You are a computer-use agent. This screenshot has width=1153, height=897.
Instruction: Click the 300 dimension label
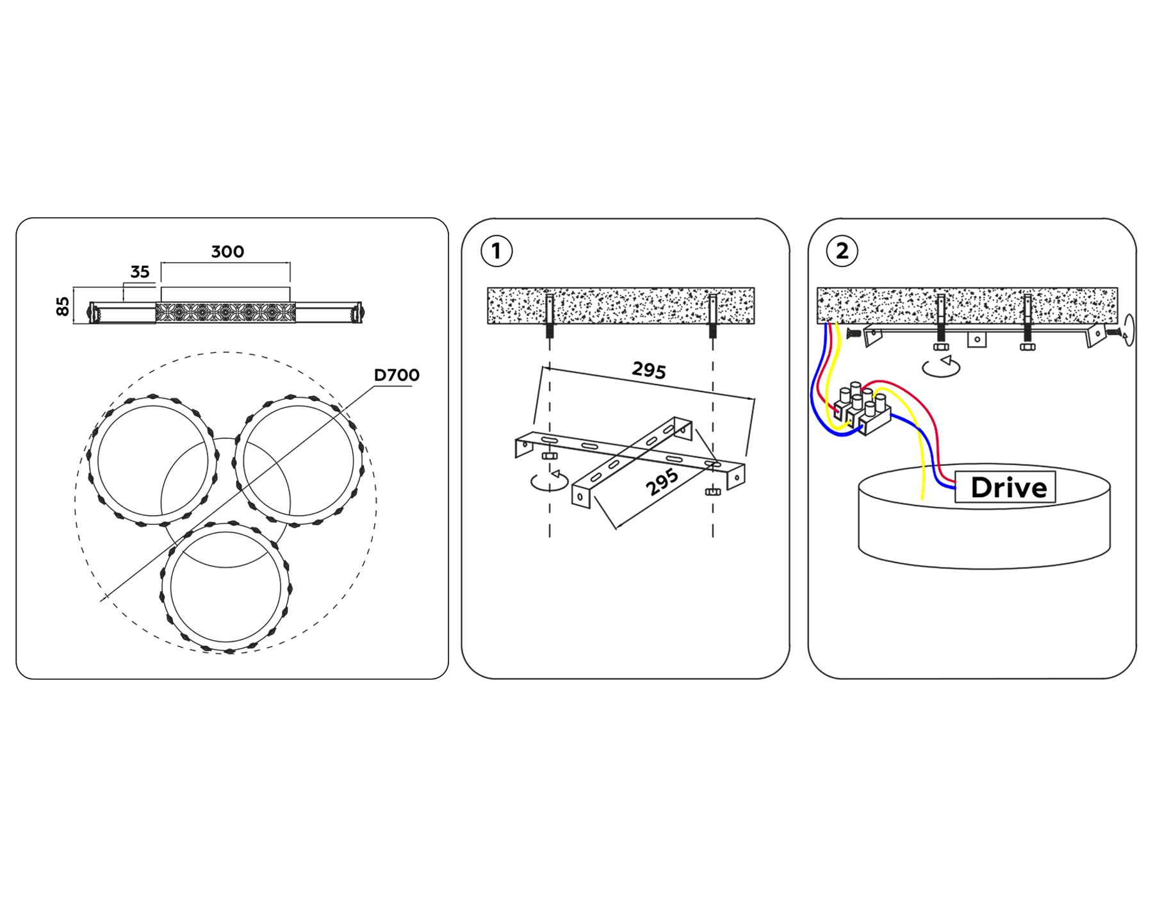coord(227,252)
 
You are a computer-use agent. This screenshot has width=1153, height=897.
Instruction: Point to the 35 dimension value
coord(140,272)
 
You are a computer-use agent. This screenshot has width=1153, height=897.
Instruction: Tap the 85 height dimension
coord(63,306)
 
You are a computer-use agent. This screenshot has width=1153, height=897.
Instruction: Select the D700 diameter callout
coord(397,375)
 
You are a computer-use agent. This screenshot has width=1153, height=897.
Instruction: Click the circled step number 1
coord(496,251)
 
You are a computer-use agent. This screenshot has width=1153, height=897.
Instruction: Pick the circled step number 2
coord(842,251)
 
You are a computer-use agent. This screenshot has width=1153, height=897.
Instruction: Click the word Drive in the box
coord(1009,488)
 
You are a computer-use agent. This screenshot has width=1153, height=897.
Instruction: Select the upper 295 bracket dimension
coord(649,370)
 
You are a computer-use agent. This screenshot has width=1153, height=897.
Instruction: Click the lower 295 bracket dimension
coord(662,482)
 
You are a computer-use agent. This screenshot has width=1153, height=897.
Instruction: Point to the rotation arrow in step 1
coord(550,481)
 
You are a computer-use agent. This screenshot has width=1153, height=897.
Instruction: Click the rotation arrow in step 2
coord(941,366)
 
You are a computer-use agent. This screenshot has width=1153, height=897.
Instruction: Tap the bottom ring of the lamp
coord(225,588)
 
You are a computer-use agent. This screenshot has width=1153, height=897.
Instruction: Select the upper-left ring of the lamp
coord(153,460)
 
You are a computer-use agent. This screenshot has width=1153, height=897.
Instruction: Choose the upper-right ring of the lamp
coord(298,461)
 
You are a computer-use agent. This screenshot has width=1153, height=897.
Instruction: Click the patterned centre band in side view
coord(225,313)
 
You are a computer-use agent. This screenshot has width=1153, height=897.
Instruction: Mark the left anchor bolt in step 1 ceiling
coord(550,316)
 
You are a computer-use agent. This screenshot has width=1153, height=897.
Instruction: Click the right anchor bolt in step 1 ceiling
coord(713,316)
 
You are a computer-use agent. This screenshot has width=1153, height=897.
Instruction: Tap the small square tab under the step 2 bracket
coord(977,339)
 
